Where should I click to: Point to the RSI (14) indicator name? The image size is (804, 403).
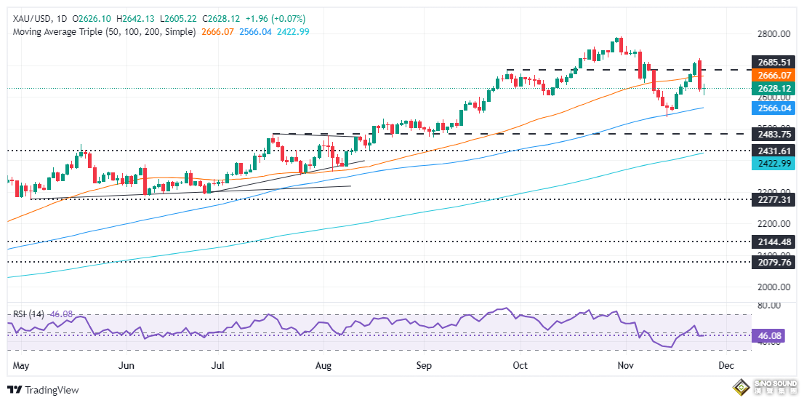[28, 314]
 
